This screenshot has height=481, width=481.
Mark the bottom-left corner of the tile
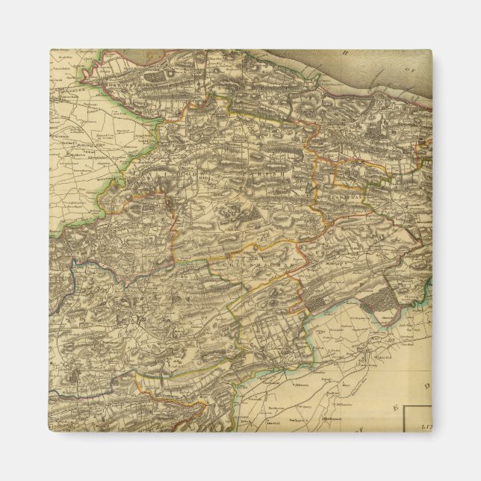point(50,431)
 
